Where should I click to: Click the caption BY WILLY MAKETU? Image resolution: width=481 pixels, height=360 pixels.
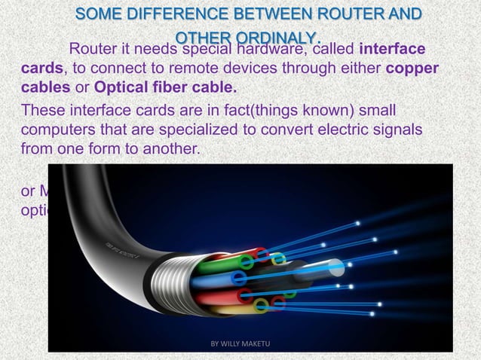(240, 344)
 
